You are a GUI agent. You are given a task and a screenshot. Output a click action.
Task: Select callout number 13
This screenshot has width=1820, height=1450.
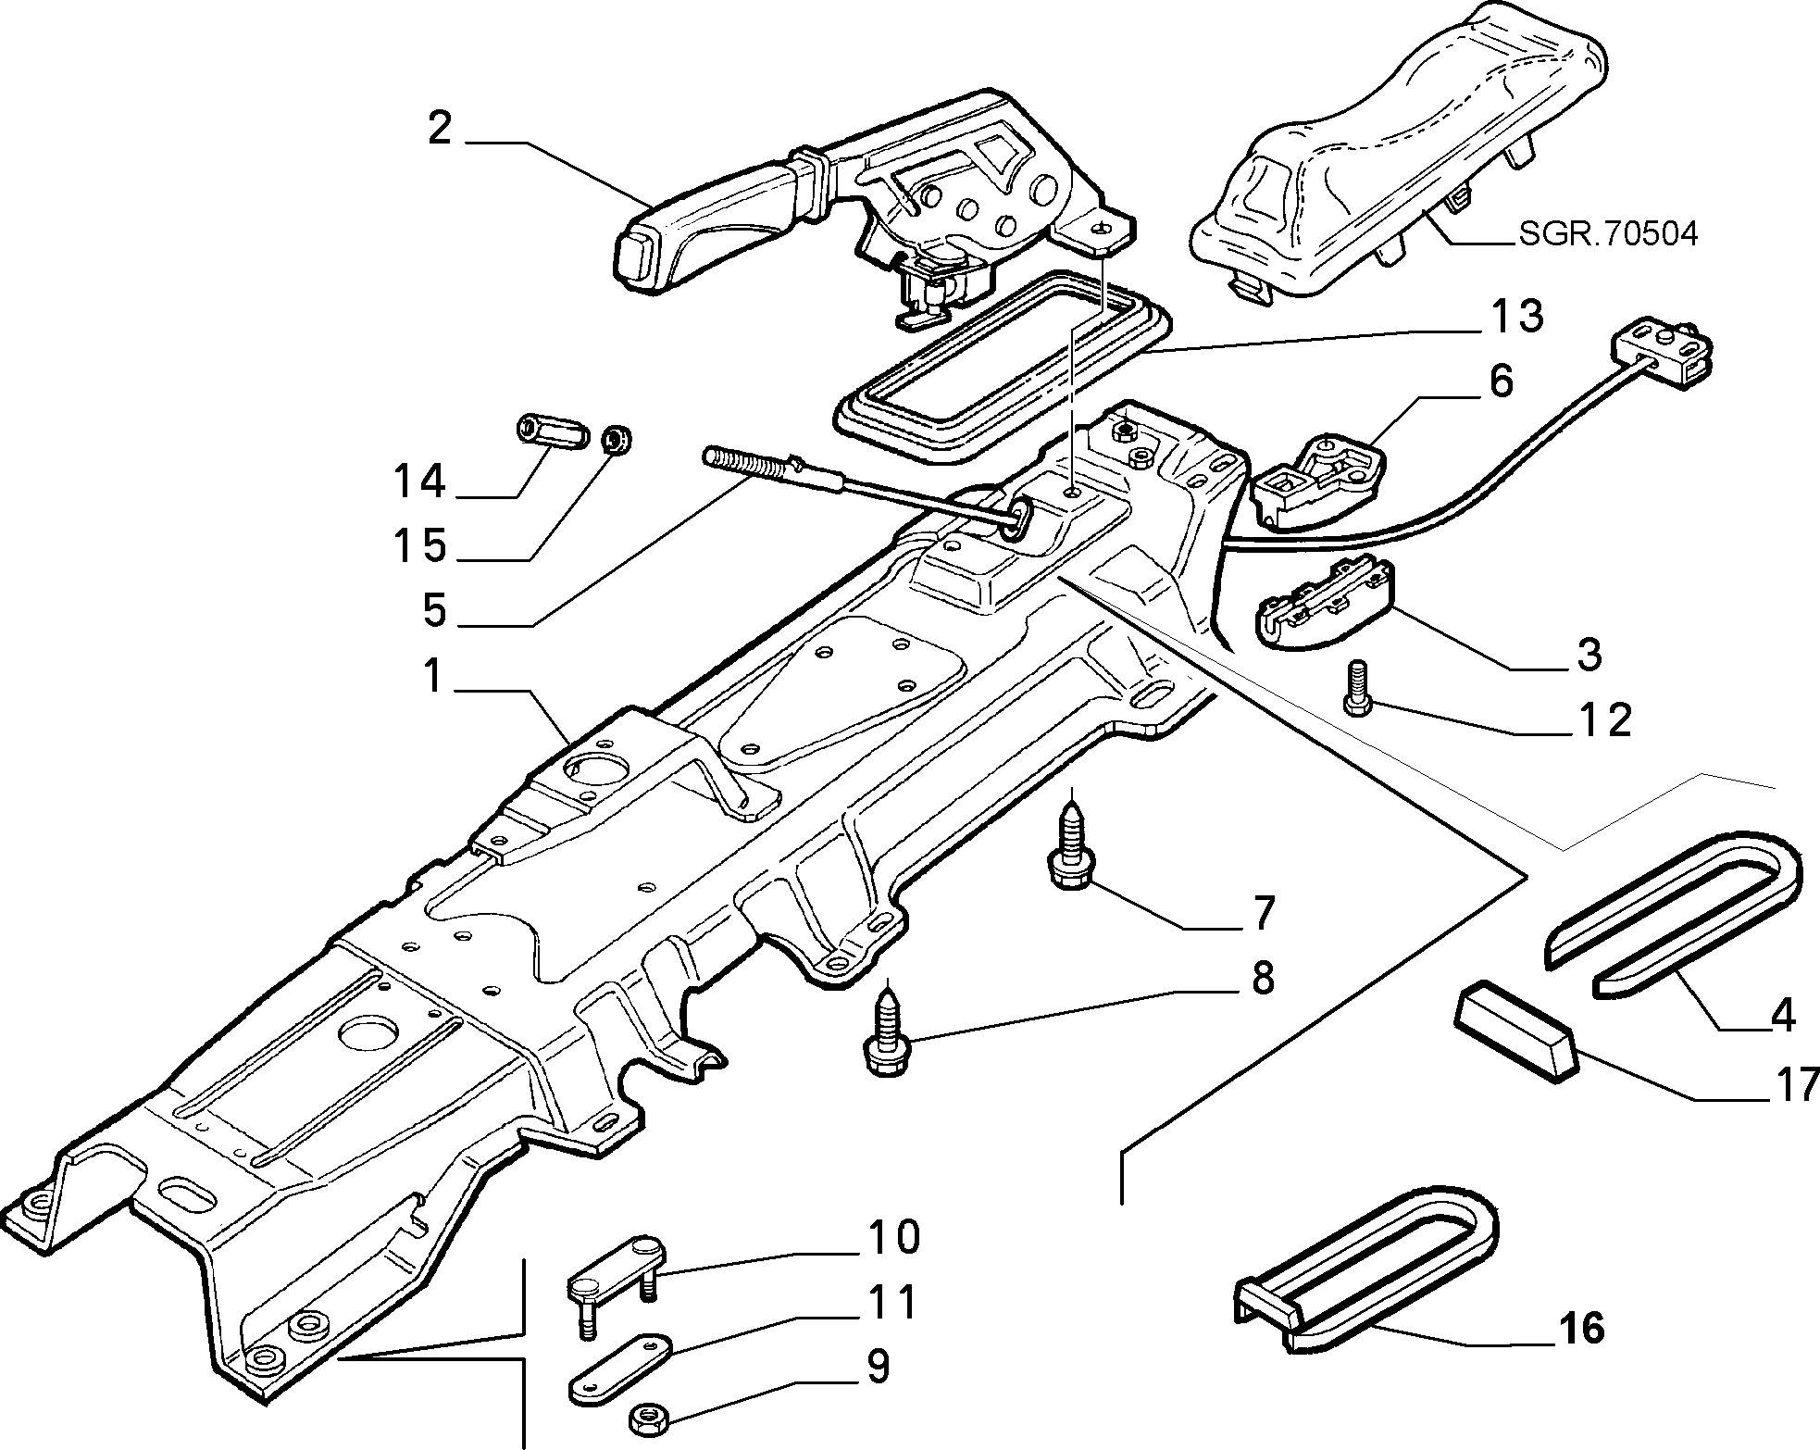coord(1516,317)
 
